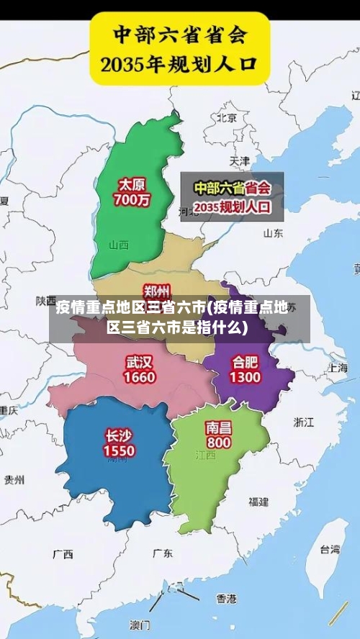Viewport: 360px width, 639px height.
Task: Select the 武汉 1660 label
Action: coord(139,368)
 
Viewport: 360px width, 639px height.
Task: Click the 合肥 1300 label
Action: coord(245,368)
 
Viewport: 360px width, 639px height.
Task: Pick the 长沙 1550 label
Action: coord(119,443)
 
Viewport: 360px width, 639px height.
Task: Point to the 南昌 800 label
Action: coord(218,434)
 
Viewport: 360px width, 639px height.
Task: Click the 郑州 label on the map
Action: coord(157,290)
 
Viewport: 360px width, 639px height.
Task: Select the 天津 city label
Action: coord(239,160)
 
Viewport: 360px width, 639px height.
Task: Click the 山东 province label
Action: coord(273,232)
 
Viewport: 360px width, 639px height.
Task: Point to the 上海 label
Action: coord(336,366)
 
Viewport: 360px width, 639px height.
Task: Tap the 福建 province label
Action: coord(258,501)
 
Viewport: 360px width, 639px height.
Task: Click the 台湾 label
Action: coord(329,549)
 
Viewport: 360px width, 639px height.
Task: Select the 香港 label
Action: coord(226,598)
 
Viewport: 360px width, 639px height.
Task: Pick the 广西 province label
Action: coord(63,554)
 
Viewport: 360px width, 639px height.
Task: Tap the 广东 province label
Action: coord(163,553)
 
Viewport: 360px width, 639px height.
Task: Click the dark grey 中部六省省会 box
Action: coord(232,196)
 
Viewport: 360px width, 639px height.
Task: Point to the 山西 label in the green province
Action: coord(119,245)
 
